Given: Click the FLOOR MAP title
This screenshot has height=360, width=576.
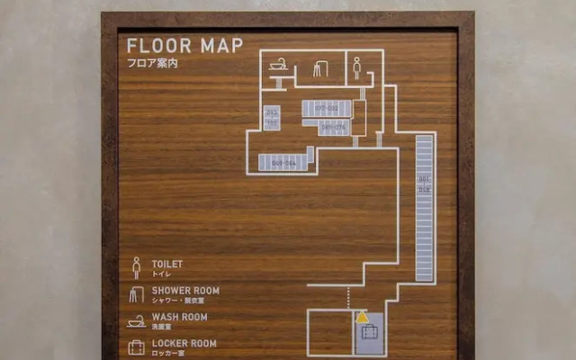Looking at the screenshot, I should pos(184,46).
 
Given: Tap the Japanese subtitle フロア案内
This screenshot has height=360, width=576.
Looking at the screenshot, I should pos(152,64).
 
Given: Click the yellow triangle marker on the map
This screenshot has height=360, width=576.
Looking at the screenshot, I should pos(362,317).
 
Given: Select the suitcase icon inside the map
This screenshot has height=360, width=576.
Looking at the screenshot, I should pos(369,334).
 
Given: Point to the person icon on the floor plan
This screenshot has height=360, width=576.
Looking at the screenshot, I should pos(356,67).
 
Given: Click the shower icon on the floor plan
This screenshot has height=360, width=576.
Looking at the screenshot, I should pos(320,68).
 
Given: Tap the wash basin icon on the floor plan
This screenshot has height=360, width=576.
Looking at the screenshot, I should pos(278,65).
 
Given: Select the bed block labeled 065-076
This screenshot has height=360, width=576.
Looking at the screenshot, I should pos(333,128).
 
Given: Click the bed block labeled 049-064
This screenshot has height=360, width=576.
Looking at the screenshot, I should pos(283,163).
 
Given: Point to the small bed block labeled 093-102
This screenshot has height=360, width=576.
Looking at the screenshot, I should pos(272,117).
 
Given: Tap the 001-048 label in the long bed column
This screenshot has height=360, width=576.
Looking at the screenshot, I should pos(424,184).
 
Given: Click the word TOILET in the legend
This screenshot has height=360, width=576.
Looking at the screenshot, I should pos(167,264).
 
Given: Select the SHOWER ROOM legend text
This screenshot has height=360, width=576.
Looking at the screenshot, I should pos(185,291).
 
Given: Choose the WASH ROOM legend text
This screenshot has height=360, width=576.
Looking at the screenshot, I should pos(179,317).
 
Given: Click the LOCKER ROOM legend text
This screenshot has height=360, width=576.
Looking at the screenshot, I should pos(184,343).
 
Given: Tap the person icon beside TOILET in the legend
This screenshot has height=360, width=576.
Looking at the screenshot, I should pos(137,267).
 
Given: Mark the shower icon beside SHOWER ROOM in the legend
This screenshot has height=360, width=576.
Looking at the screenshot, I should pos(137,294).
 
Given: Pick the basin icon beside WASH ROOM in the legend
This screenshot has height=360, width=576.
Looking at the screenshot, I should pos(137,320).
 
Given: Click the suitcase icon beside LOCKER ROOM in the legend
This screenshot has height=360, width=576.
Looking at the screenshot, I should pos(137,347).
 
